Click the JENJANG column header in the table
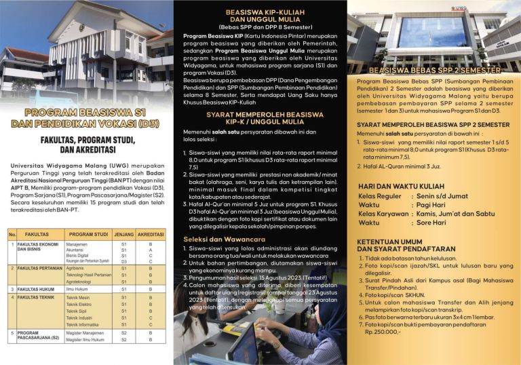[x=123, y=234]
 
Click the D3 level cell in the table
[x=123, y=261]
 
